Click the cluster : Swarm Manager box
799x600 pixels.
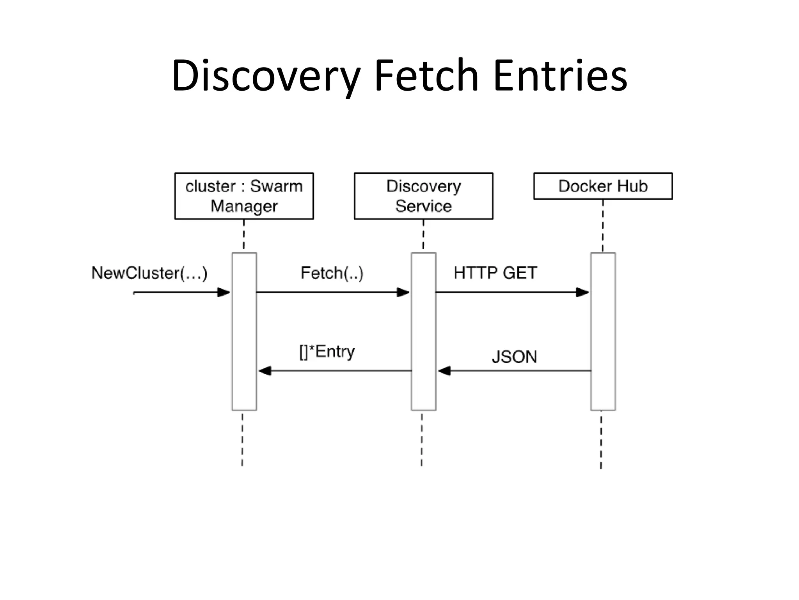[x=244, y=196]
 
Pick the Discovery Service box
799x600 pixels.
[x=423, y=196]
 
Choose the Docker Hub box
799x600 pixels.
[x=603, y=186]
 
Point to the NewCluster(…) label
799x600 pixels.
[x=149, y=273]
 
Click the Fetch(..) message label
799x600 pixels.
[x=332, y=273]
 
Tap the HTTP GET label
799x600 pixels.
[x=495, y=273]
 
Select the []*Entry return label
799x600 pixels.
[x=327, y=352]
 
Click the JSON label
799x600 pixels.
[x=514, y=357]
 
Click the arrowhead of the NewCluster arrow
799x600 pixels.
[x=224, y=292]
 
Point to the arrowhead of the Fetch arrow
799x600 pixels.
[x=403, y=292]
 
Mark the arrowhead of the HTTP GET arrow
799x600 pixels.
[x=583, y=292]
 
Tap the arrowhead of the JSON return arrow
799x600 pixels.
[x=444, y=371]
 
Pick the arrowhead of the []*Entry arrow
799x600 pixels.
[x=265, y=371]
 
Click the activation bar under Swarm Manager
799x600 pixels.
[x=244, y=332]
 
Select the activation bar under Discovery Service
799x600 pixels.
[x=424, y=332]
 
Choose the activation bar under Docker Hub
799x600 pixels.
[x=603, y=332]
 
